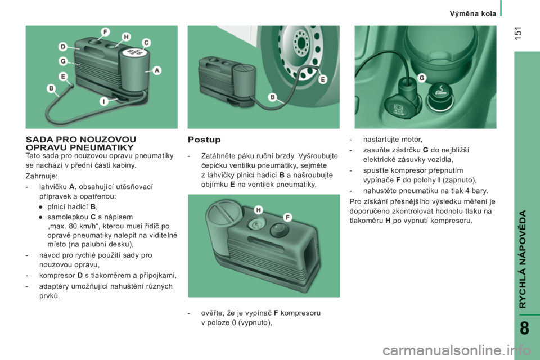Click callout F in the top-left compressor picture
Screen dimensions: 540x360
(105, 32)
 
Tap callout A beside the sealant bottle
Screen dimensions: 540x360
(157, 71)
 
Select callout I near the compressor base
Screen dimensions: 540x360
(103, 101)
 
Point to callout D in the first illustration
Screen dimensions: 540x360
(63, 47)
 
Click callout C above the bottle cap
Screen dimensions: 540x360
(146, 43)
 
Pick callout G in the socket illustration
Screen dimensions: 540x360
(422, 78)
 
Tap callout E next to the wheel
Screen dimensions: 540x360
(323, 79)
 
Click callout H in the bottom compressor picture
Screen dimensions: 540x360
(259, 210)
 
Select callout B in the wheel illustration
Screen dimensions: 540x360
(273, 97)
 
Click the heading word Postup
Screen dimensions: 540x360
(204, 139)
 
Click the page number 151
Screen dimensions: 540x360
(519, 33)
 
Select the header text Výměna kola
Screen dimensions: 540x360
(473, 13)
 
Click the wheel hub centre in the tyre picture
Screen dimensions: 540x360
(301, 43)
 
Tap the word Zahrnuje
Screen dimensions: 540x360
(41, 177)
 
